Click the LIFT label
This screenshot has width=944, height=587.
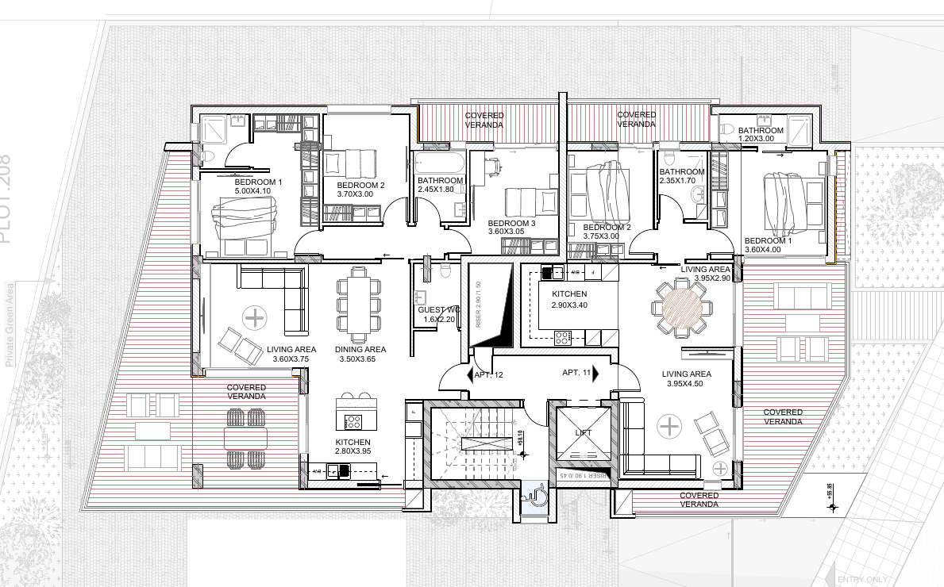tap(584, 432)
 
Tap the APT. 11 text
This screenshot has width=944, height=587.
tap(576, 372)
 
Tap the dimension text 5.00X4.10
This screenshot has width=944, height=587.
tap(253, 191)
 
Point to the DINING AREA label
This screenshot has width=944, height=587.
tap(360, 349)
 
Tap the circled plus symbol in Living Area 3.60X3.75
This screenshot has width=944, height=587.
tap(254, 319)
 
